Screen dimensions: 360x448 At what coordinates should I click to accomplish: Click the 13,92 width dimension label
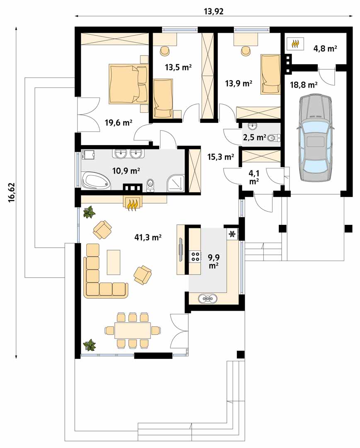[x=214, y=12]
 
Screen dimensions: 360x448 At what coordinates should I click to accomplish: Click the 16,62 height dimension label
[x=12, y=192]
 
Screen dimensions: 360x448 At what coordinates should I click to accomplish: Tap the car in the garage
[x=314, y=137]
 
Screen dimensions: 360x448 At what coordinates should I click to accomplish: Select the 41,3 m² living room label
[x=148, y=237]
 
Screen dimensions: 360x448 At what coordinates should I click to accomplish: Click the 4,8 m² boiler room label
[x=325, y=48]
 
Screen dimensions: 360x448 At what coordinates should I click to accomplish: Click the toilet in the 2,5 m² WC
[x=274, y=139]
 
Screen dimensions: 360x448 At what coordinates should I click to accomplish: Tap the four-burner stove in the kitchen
[x=195, y=256]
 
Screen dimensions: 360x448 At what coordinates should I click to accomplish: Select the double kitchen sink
[x=207, y=299]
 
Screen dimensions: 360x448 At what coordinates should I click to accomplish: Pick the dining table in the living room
[x=133, y=330]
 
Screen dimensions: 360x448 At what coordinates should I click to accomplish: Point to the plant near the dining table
[x=90, y=345]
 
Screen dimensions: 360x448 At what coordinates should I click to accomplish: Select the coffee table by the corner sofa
[x=113, y=262]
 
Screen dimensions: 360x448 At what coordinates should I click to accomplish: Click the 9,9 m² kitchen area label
[x=214, y=262]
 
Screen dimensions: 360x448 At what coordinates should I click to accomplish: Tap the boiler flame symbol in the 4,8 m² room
[x=295, y=44]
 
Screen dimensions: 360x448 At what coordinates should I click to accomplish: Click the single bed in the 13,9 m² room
[x=270, y=74]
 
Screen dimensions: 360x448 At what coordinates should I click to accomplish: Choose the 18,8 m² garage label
[x=304, y=85]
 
